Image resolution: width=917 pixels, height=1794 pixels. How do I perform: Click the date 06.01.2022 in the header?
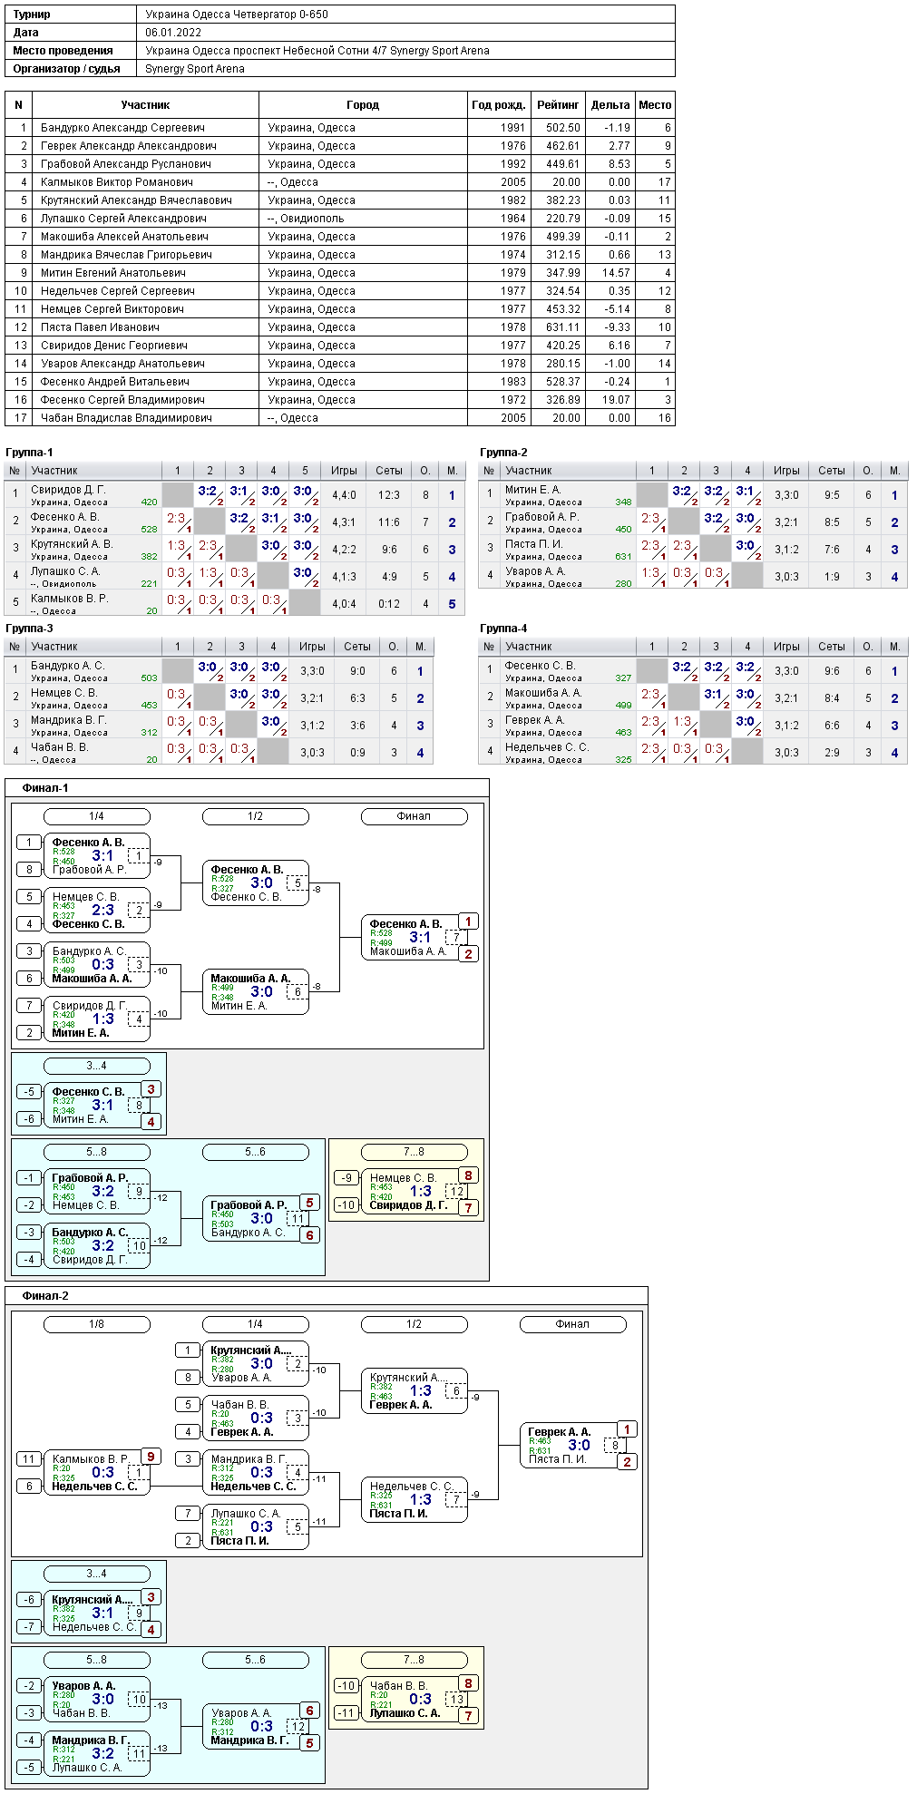coord(173,33)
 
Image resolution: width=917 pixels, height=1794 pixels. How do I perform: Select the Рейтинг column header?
coord(558,105)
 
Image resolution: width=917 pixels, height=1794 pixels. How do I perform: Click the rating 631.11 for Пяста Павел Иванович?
coord(562,327)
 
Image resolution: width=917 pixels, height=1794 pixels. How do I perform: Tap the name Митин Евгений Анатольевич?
coord(113,273)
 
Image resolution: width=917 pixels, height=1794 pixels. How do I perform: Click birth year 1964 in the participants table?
coord(512,219)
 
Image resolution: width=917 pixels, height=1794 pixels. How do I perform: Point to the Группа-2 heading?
coord(503,453)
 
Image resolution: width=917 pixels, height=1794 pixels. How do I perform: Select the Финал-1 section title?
coord(45,788)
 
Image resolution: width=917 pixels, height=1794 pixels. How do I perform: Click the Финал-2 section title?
coord(45,1296)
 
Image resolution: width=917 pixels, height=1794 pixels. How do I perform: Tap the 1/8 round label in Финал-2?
coord(97,1324)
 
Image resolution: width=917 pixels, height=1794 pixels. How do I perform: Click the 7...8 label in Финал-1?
coord(414,1152)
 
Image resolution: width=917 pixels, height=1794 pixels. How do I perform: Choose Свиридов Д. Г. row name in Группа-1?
coord(68,490)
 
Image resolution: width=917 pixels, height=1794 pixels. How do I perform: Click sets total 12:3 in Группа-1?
coord(389,495)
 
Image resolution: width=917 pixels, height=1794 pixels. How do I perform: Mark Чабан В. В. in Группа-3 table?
coord(59,747)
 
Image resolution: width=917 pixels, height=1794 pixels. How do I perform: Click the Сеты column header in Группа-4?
coord(832,647)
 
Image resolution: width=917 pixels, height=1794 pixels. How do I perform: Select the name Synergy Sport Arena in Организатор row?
coord(195,69)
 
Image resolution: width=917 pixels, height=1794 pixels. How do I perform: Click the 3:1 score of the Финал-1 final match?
coord(420,937)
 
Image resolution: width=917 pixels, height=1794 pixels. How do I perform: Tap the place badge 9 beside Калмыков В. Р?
coord(151,1457)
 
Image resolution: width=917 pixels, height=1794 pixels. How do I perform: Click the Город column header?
coord(363,105)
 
